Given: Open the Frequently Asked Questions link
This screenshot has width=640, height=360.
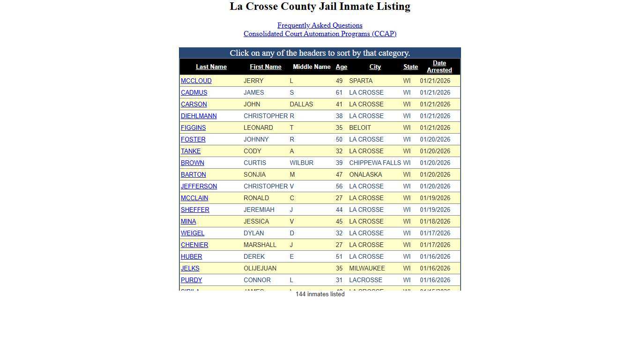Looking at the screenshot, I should (x=320, y=25).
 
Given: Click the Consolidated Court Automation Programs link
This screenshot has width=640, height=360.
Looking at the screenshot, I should (x=320, y=34).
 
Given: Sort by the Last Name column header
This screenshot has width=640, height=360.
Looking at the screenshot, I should (x=211, y=67).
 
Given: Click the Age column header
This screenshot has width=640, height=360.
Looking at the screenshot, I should (x=341, y=67).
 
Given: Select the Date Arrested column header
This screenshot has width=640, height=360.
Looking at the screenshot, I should (x=439, y=67).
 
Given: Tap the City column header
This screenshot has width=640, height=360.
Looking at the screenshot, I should (x=375, y=67).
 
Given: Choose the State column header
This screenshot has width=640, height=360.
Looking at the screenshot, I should (x=410, y=67).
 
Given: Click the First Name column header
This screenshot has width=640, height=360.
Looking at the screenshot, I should (x=265, y=67).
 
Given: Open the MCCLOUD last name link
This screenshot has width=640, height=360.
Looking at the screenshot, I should (x=196, y=81).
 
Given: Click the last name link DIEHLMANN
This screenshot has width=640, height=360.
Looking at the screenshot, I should (x=199, y=116).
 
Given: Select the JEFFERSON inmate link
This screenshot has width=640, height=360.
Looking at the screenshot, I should (x=199, y=187).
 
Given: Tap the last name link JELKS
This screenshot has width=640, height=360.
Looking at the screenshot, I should (x=190, y=269).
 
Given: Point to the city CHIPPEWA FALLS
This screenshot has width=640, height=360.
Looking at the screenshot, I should (x=375, y=163).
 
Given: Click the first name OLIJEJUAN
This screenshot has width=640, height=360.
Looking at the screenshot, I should (x=260, y=269).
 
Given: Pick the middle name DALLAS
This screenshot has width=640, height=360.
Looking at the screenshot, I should (x=301, y=105).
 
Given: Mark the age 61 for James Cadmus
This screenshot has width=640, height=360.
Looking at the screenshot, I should (x=339, y=93).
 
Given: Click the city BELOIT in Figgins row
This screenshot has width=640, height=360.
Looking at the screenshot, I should (x=360, y=128).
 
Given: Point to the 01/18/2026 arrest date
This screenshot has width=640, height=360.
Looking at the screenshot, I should (x=435, y=222).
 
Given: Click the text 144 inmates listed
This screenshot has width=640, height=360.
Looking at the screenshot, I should (x=320, y=294).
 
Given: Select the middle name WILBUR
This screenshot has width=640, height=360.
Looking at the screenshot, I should (x=301, y=163).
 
